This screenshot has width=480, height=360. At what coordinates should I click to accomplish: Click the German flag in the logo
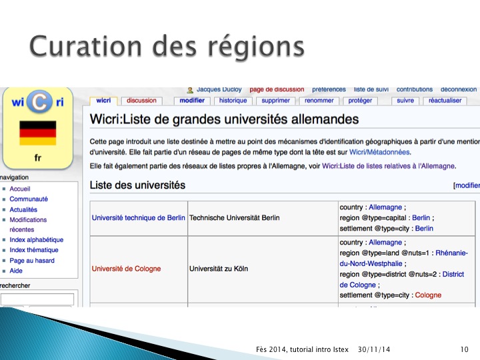(x=37, y=133)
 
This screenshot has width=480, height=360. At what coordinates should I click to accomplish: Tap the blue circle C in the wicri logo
(x=39, y=101)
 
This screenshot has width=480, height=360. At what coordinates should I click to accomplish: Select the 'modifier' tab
(x=192, y=101)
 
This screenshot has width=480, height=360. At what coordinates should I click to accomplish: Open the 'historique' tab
(x=233, y=101)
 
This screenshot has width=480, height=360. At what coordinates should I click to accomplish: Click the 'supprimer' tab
(x=275, y=101)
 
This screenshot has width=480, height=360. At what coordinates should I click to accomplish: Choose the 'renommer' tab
(x=319, y=101)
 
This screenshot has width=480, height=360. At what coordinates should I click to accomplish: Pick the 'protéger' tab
(x=360, y=101)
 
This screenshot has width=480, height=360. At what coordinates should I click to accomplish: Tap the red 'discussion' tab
(x=141, y=101)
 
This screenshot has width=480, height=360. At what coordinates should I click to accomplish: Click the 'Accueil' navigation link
(x=20, y=189)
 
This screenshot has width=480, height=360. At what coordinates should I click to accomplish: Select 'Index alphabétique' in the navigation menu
(x=37, y=240)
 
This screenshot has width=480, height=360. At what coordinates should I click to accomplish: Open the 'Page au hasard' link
(x=32, y=261)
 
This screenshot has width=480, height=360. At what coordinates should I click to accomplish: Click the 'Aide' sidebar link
(x=16, y=271)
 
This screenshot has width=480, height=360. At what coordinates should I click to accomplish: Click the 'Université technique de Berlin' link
(x=139, y=217)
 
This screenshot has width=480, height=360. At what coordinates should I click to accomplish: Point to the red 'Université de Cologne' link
(x=126, y=269)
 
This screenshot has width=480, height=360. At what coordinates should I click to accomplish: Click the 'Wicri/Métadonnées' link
(x=379, y=152)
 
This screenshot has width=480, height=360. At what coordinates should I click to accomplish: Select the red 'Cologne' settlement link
(x=428, y=295)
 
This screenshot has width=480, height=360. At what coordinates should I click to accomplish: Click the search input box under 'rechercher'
(x=37, y=299)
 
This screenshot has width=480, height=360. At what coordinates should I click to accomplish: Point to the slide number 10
(x=465, y=349)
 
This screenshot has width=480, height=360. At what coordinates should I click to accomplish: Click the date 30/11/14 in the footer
(x=374, y=349)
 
